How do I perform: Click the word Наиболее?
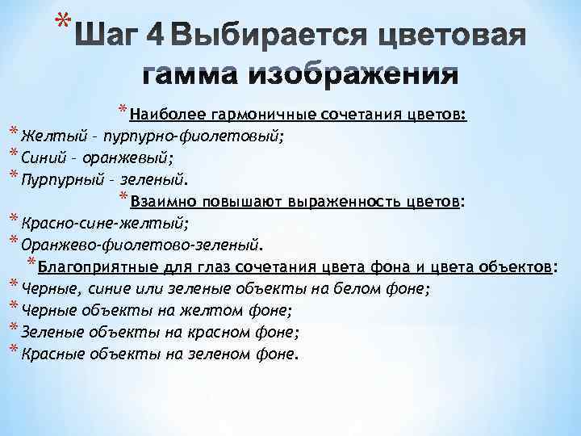pyautogui.click(x=158, y=114)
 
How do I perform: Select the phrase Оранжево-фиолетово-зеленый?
pyautogui.click(x=141, y=244)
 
